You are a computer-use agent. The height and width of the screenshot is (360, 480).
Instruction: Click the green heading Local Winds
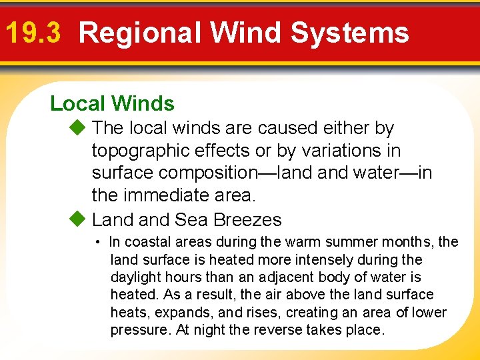click(x=112, y=103)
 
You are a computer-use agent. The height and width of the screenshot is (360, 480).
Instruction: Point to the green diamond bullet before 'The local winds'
click(x=78, y=127)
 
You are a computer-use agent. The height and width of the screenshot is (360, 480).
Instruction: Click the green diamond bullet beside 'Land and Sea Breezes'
click(x=78, y=219)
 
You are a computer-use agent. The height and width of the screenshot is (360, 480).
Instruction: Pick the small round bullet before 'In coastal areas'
click(x=97, y=242)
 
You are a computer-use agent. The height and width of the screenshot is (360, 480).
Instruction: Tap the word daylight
click(x=133, y=277)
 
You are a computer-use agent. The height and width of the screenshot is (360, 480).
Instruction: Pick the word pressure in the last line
click(x=140, y=331)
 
